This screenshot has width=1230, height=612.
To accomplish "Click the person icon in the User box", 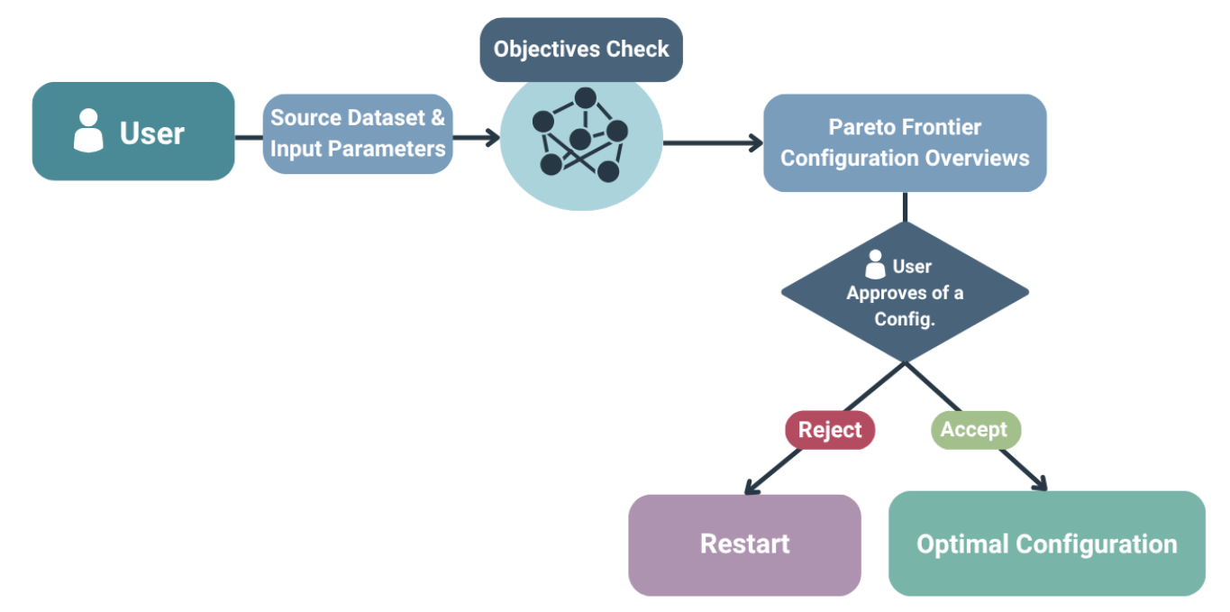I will (87, 131).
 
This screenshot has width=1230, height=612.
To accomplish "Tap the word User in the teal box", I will (151, 133).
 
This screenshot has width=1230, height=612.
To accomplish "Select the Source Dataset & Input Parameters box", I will (358, 133).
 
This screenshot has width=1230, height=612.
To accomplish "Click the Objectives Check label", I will (581, 49).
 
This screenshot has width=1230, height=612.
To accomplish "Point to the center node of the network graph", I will (579, 138).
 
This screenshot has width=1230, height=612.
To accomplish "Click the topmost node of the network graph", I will (586, 96).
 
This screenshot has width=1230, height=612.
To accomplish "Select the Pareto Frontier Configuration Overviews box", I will (905, 142).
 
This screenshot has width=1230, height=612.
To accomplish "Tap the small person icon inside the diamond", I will (874, 265).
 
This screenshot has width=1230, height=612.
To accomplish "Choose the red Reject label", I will (829, 430).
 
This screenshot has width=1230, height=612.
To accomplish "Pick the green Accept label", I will (974, 430).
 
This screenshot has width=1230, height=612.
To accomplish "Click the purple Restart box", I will (744, 544).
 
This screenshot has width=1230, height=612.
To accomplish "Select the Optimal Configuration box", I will (1046, 544).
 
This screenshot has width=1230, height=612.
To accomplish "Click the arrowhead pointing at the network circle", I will (492, 138).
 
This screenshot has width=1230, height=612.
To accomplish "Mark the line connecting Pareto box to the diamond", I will (905, 206).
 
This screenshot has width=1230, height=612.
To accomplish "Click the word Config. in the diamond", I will (905, 319).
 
